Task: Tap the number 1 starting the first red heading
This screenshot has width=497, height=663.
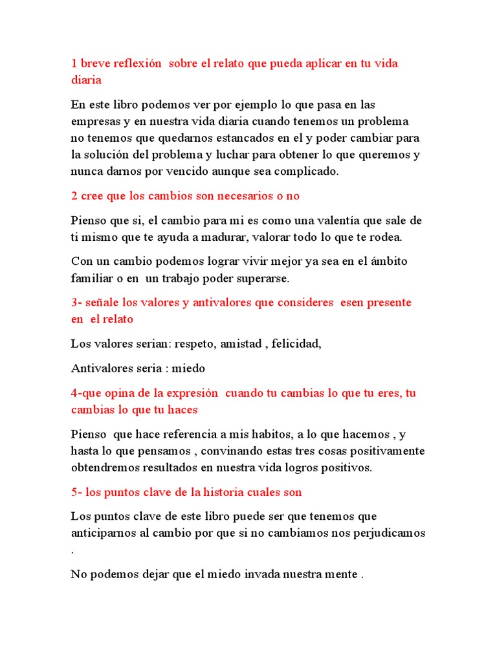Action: pyautogui.click(x=74, y=63)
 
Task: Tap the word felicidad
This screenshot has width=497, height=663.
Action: pyautogui.click(x=296, y=344)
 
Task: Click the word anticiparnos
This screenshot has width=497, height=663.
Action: pyautogui.click(x=104, y=533)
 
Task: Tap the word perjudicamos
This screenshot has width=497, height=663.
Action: pyautogui.click(x=387, y=533)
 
